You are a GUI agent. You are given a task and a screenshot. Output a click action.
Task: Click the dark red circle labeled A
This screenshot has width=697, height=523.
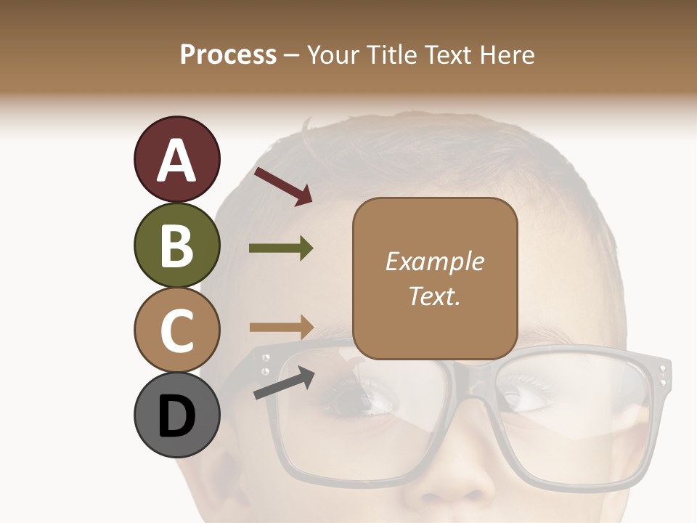[x=176, y=160]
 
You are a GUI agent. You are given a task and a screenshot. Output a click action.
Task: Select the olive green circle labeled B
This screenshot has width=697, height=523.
[x=176, y=246]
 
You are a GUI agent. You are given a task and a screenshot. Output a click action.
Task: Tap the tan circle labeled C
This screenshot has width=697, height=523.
[x=176, y=331]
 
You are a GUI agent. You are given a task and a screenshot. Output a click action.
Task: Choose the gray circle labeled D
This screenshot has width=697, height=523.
[x=176, y=415]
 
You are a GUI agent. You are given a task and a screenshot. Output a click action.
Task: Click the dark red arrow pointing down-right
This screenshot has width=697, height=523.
[x=283, y=186]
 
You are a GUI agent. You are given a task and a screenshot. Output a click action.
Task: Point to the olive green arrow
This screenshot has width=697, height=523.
[x=281, y=248]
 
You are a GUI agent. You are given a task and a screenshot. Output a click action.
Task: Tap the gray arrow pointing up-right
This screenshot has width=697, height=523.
[x=284, y=383]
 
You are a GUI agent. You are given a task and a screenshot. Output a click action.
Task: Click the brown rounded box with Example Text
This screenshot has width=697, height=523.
[x=435, y=278]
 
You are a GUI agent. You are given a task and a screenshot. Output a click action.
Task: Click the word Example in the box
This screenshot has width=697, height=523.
[x=434, y=261]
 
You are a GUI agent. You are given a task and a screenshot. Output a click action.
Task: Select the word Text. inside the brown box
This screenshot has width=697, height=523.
[x=434, y=296]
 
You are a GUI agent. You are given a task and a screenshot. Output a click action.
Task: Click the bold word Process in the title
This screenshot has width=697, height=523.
[x=228, y=54]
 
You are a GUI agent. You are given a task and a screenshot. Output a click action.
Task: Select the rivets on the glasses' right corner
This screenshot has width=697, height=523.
[x=662, y=376]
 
